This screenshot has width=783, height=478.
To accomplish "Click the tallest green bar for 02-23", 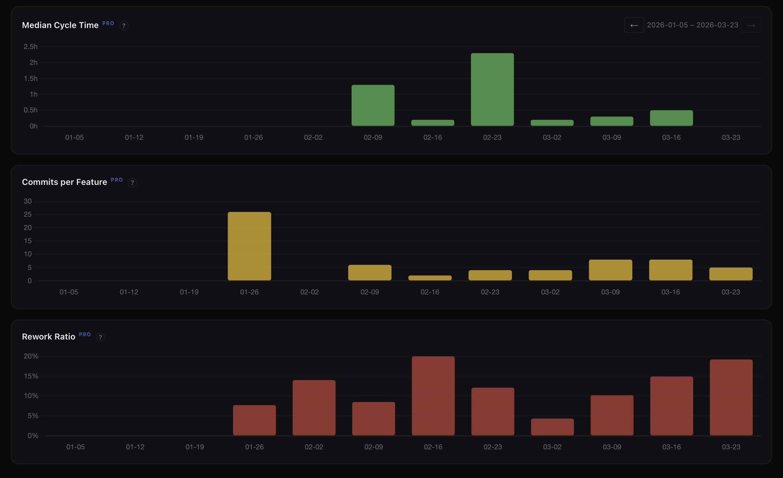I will [x=492, y=90].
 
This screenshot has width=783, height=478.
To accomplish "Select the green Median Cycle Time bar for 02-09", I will [x=373, y=105].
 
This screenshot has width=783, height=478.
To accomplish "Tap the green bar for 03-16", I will [x=671, y=118].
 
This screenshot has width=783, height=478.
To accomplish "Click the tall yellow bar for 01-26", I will [x=249, y=246].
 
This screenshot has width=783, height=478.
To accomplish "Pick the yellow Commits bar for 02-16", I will [x=430, y=278].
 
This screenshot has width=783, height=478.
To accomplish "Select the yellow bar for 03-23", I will [x=731, y=274].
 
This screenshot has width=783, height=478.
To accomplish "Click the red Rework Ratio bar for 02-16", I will [x=433, y=396].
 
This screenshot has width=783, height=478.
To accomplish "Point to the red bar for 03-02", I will [x=552, y=427].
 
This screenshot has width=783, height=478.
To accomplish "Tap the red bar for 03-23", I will [x=731, y=397].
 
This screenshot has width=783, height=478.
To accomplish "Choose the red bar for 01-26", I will [x=254, y=420].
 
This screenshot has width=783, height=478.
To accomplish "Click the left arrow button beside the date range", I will [x=634, y=25].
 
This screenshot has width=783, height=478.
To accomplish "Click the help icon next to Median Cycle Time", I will [x=124, y=26].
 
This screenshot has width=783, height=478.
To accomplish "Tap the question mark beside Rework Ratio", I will [x=100, y=337].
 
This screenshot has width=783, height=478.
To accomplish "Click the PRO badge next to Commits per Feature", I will [x=117, y=180].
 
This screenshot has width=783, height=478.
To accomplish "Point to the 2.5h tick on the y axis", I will [x=31, y=47].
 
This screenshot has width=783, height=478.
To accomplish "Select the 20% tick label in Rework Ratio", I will [x=31, y=356].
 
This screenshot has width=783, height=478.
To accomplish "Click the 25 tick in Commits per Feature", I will [x=28, y=215].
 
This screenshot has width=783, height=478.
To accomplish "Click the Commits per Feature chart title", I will [x=64, y=182].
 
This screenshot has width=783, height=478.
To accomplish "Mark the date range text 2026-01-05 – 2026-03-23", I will [x=693, y=25].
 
